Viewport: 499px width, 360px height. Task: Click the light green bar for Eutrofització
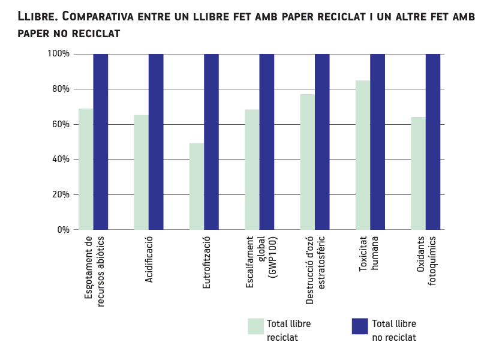[197, 187]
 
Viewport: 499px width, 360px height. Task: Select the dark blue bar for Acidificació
[156, 142]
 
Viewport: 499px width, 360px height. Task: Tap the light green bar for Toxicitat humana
[363, 155]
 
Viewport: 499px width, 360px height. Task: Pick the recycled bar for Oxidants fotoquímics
[418, 173]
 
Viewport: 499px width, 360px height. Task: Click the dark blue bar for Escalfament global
[267, 142]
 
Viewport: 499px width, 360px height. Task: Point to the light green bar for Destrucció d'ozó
[308, 162]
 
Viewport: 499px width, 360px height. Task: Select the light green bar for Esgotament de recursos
[86, 169]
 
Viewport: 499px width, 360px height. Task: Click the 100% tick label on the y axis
[59, 54]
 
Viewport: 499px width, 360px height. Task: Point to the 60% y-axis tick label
[61, 124]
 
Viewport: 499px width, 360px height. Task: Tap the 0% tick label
[64, 230]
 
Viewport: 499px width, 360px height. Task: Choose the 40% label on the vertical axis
[61, 160]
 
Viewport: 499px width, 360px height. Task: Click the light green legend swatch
[256, 326]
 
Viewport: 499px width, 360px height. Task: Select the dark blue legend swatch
[359, 326]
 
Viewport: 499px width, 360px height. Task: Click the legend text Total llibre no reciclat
[394, 331]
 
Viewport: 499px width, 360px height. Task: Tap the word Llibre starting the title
[37, 16]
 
